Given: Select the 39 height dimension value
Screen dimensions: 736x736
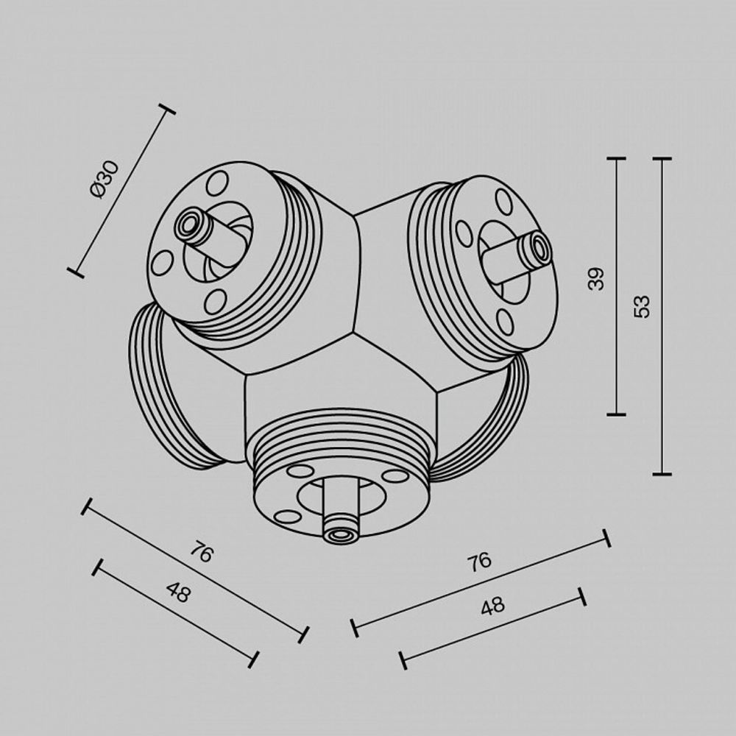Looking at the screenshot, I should pyautogui.click(x=597, y=278).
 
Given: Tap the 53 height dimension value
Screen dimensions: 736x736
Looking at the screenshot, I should pyautogui.click(x=643, y=305).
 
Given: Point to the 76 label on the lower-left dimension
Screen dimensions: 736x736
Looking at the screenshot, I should pyautogui.click(x=200, y=553).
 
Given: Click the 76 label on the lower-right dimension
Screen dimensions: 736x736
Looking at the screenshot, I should pyautogui.click(x=478, y=562).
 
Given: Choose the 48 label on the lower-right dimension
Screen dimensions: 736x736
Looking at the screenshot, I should pyautogui.click(x=492, y=606).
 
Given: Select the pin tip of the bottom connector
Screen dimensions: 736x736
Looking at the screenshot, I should pyautogui.click(x=340, y=534).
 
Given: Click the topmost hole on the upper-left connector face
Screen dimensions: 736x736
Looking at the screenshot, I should pyautogui.click(x=217, y=182).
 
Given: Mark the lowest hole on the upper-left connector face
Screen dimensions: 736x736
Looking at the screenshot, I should pyautogui.click(x=216, y=300).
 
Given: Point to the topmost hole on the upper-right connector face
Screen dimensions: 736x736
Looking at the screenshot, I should pyautogui.click(x=504, y=201).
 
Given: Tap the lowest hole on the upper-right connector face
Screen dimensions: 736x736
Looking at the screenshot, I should pyautogui.click(x=505, y=322).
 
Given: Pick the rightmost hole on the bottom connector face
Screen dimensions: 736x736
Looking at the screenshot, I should pyautogui.click(x=395, y=476).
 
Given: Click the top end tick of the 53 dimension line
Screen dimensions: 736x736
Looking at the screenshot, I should pyautogui.click(x=662, y=159).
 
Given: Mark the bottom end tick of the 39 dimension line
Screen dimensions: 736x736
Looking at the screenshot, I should pyautogui.click(x=617, y=414).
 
